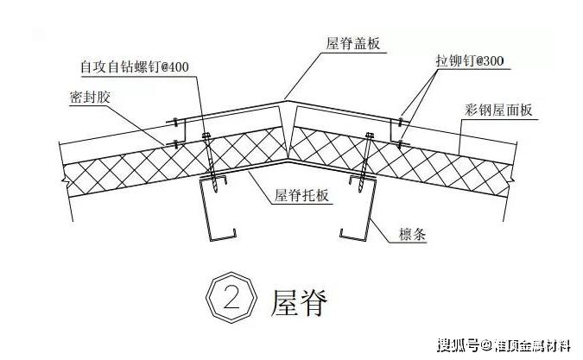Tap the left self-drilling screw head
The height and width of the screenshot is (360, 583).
(206, 136)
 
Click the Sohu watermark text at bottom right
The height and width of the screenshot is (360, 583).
(505, 347)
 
